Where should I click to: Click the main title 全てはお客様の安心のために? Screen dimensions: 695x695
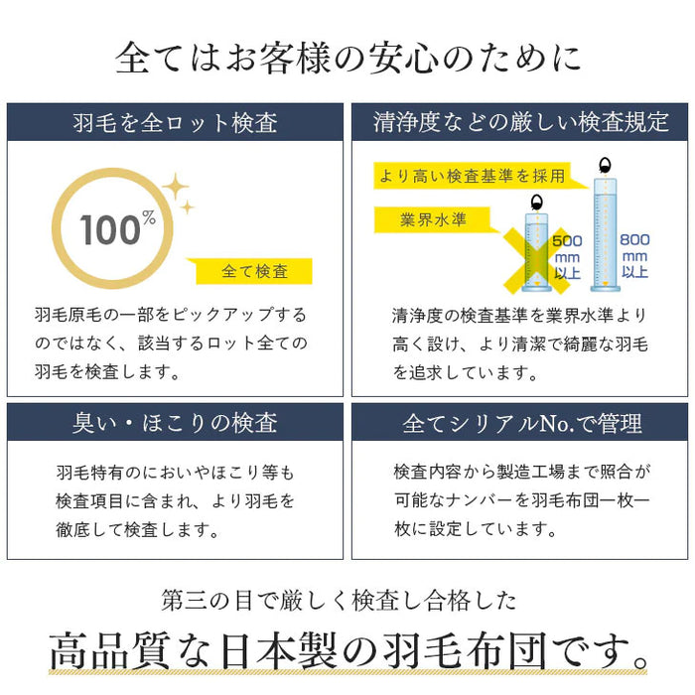click(347, 58)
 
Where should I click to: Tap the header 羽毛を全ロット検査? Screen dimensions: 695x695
click(176, 123)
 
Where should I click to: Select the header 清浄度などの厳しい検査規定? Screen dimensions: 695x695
click(520, 122)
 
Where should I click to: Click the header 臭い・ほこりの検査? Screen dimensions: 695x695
click(175, 422)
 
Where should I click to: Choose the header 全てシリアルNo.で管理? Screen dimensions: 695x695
click(522, 423)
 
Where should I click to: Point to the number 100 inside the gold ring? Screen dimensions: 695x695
click(110, 230)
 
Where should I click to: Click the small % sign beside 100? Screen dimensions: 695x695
click(149, 217)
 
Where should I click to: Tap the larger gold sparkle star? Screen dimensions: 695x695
click(176, 187)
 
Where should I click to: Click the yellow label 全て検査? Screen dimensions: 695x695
click(254, 271)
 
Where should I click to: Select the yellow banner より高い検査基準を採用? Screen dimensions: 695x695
click(473, 176)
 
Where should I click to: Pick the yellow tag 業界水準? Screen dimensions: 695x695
click(433, 219)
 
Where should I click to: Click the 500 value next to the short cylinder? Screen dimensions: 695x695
click(567, 241)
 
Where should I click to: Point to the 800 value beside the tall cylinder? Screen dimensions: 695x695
click(634, 240)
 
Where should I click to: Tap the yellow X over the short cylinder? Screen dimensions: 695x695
click(536, 261)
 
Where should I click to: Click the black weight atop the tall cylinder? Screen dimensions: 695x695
click(604, 166)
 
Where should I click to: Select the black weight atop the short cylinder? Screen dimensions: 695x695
click(537, 203)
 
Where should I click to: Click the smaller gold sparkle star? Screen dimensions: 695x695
click(188, 207)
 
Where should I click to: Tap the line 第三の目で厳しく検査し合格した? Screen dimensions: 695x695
click(340, 601)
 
